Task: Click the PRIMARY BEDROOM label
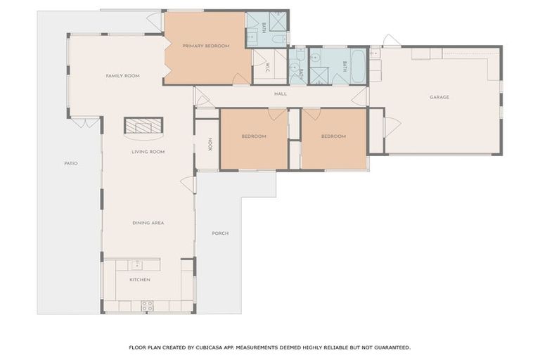pyautogui.click(x=206, y=46)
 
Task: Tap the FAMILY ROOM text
pyautogui.click(x=123, y=76)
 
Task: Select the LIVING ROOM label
pyautogui.click(x=148, y=151)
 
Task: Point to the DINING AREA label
pyautogui.click(x=148, y=223)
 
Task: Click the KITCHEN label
pyautogui.click(x=140, y=280)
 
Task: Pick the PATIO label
pyautogui.click(x=70, y=163)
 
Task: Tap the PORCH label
pyautogui.click(x=220, y=233)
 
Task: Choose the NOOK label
pyautogui.click(x=209, y=144)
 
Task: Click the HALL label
pyautogui.click(x=281, y=94)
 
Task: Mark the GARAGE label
pyautogui.click(x=439, y=97)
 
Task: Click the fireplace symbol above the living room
pyautogui.click(x=143, y=126)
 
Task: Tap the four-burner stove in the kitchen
pyautogui.click(x=148, y=306)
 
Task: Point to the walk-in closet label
pyautogui.click(x=268, y=67)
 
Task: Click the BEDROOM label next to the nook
pyautogui.click(x=254, y=136)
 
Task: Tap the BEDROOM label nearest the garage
pyautogui.click(x=333, y=136)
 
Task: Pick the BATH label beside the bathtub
pyautogui.click(x=345, y=66)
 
